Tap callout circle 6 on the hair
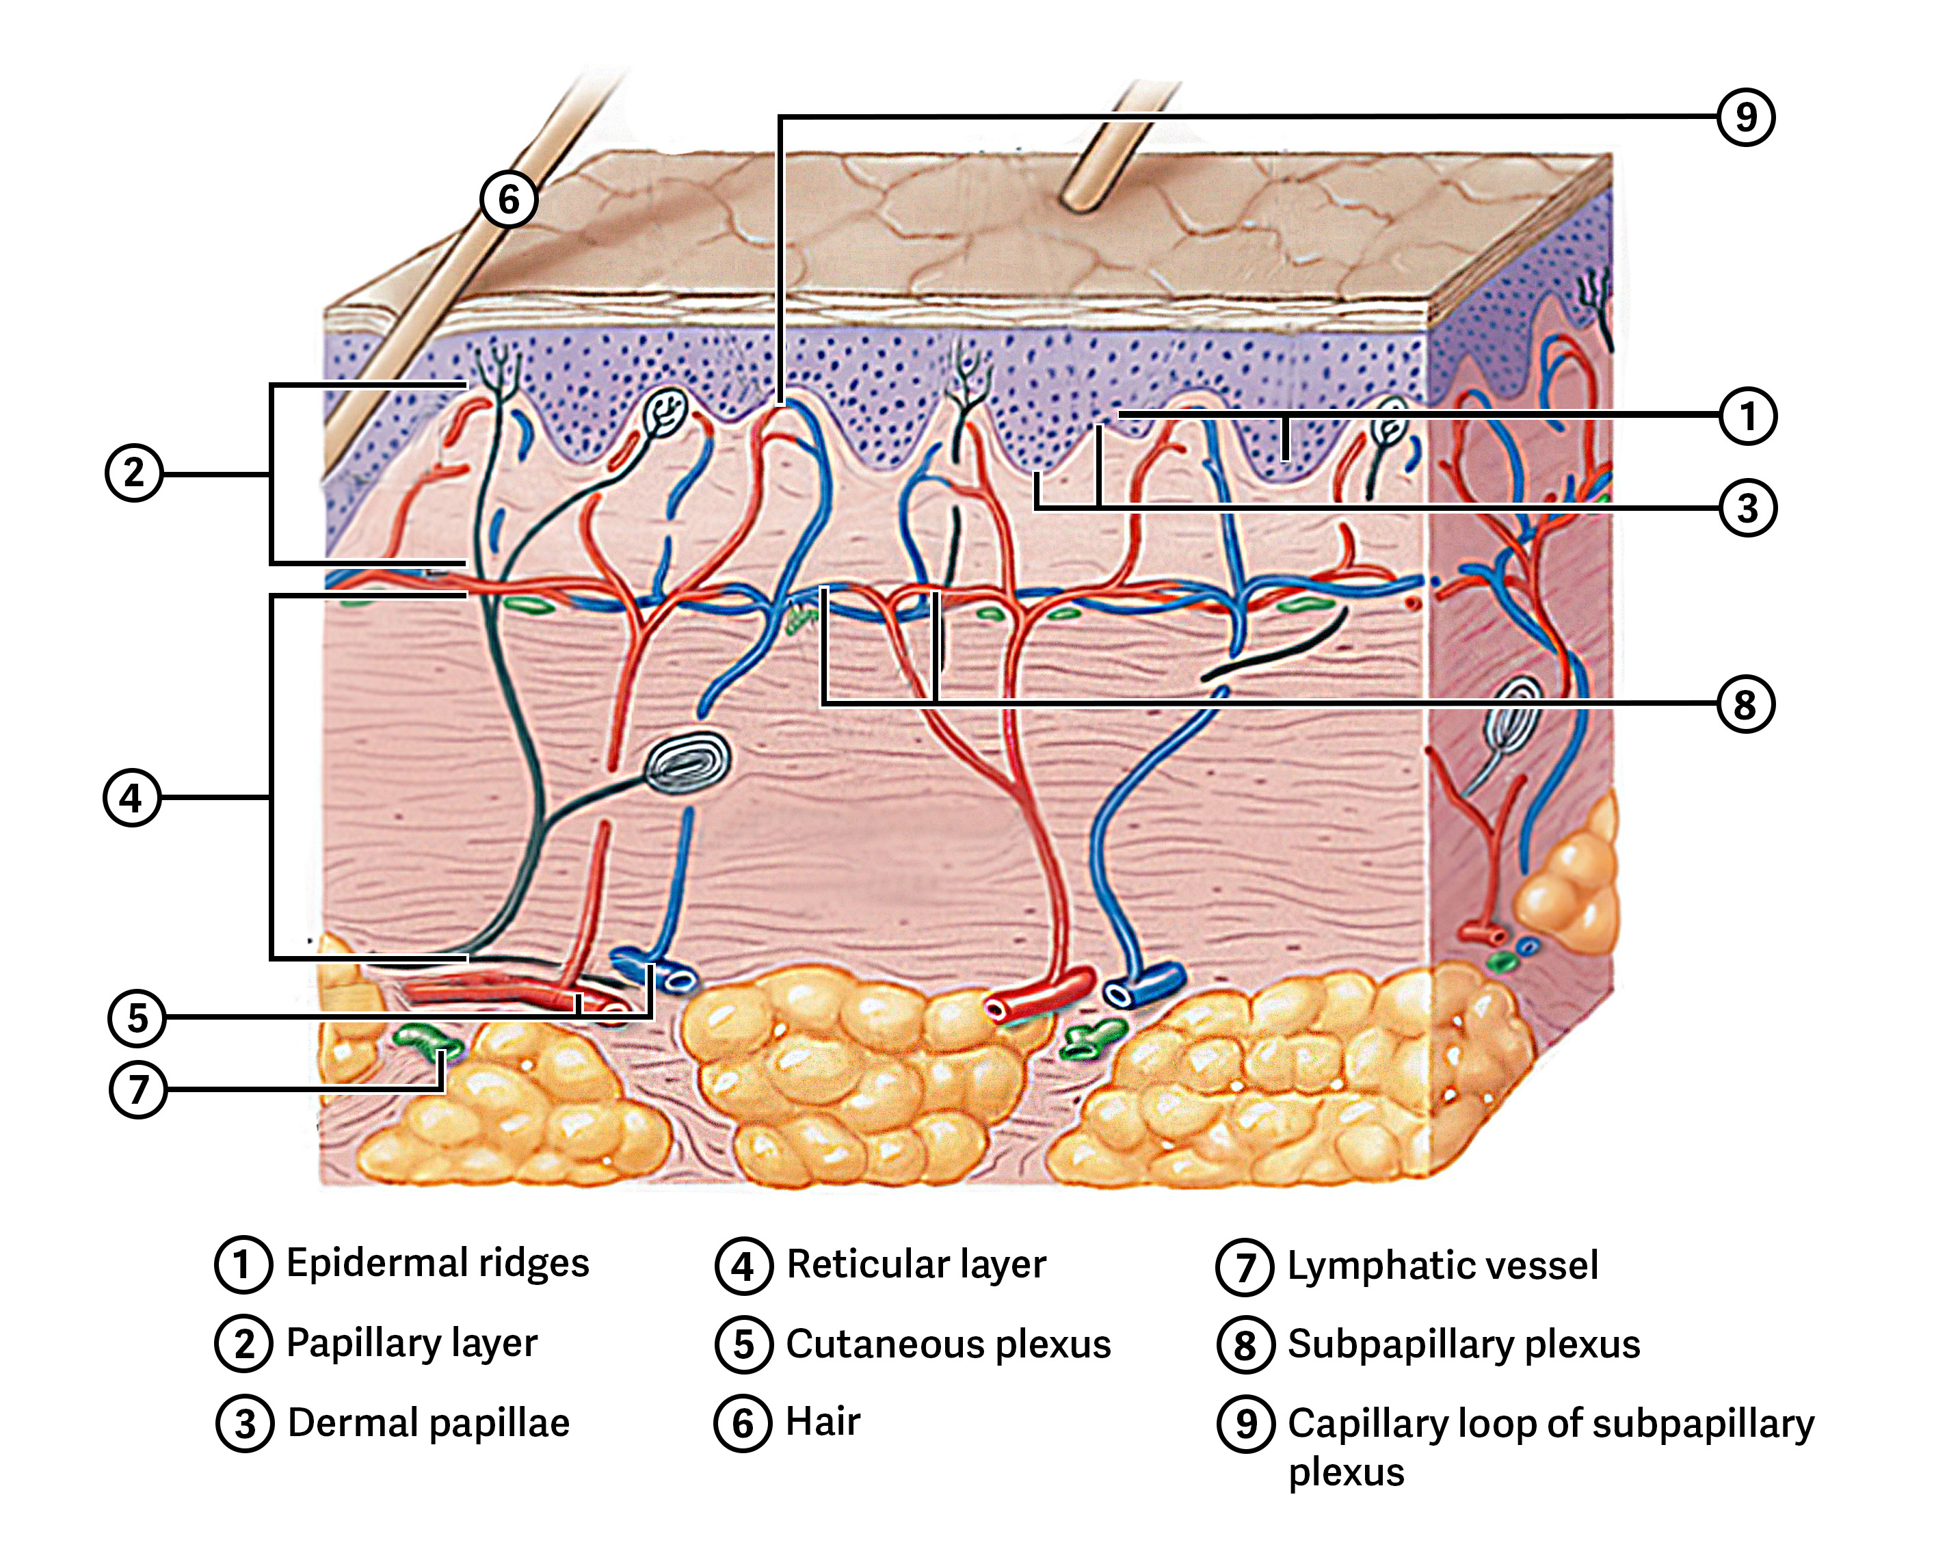[x=509, y=199]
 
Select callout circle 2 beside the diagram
[x=133, y=473]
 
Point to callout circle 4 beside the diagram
[x=132, y=797]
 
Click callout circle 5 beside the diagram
[x=136, y=1018]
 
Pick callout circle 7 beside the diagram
[x=137, y=1089]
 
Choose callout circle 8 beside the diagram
[x=1745, y=704]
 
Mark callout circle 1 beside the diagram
[x=1747, y=416]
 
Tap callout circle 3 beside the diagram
[x=1747, y=507]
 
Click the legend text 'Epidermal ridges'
[x=438, y=1263]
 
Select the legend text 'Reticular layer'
[x=916, y=1265]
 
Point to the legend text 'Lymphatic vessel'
[x=1442, y=1266]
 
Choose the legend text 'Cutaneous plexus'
[x=948, y=1344]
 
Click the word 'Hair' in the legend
[x=823, y=1422]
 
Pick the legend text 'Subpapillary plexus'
[x=1464, y=1344]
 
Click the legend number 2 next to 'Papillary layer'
[x=243, y=1344]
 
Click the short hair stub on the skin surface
[x=1112, y=153]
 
